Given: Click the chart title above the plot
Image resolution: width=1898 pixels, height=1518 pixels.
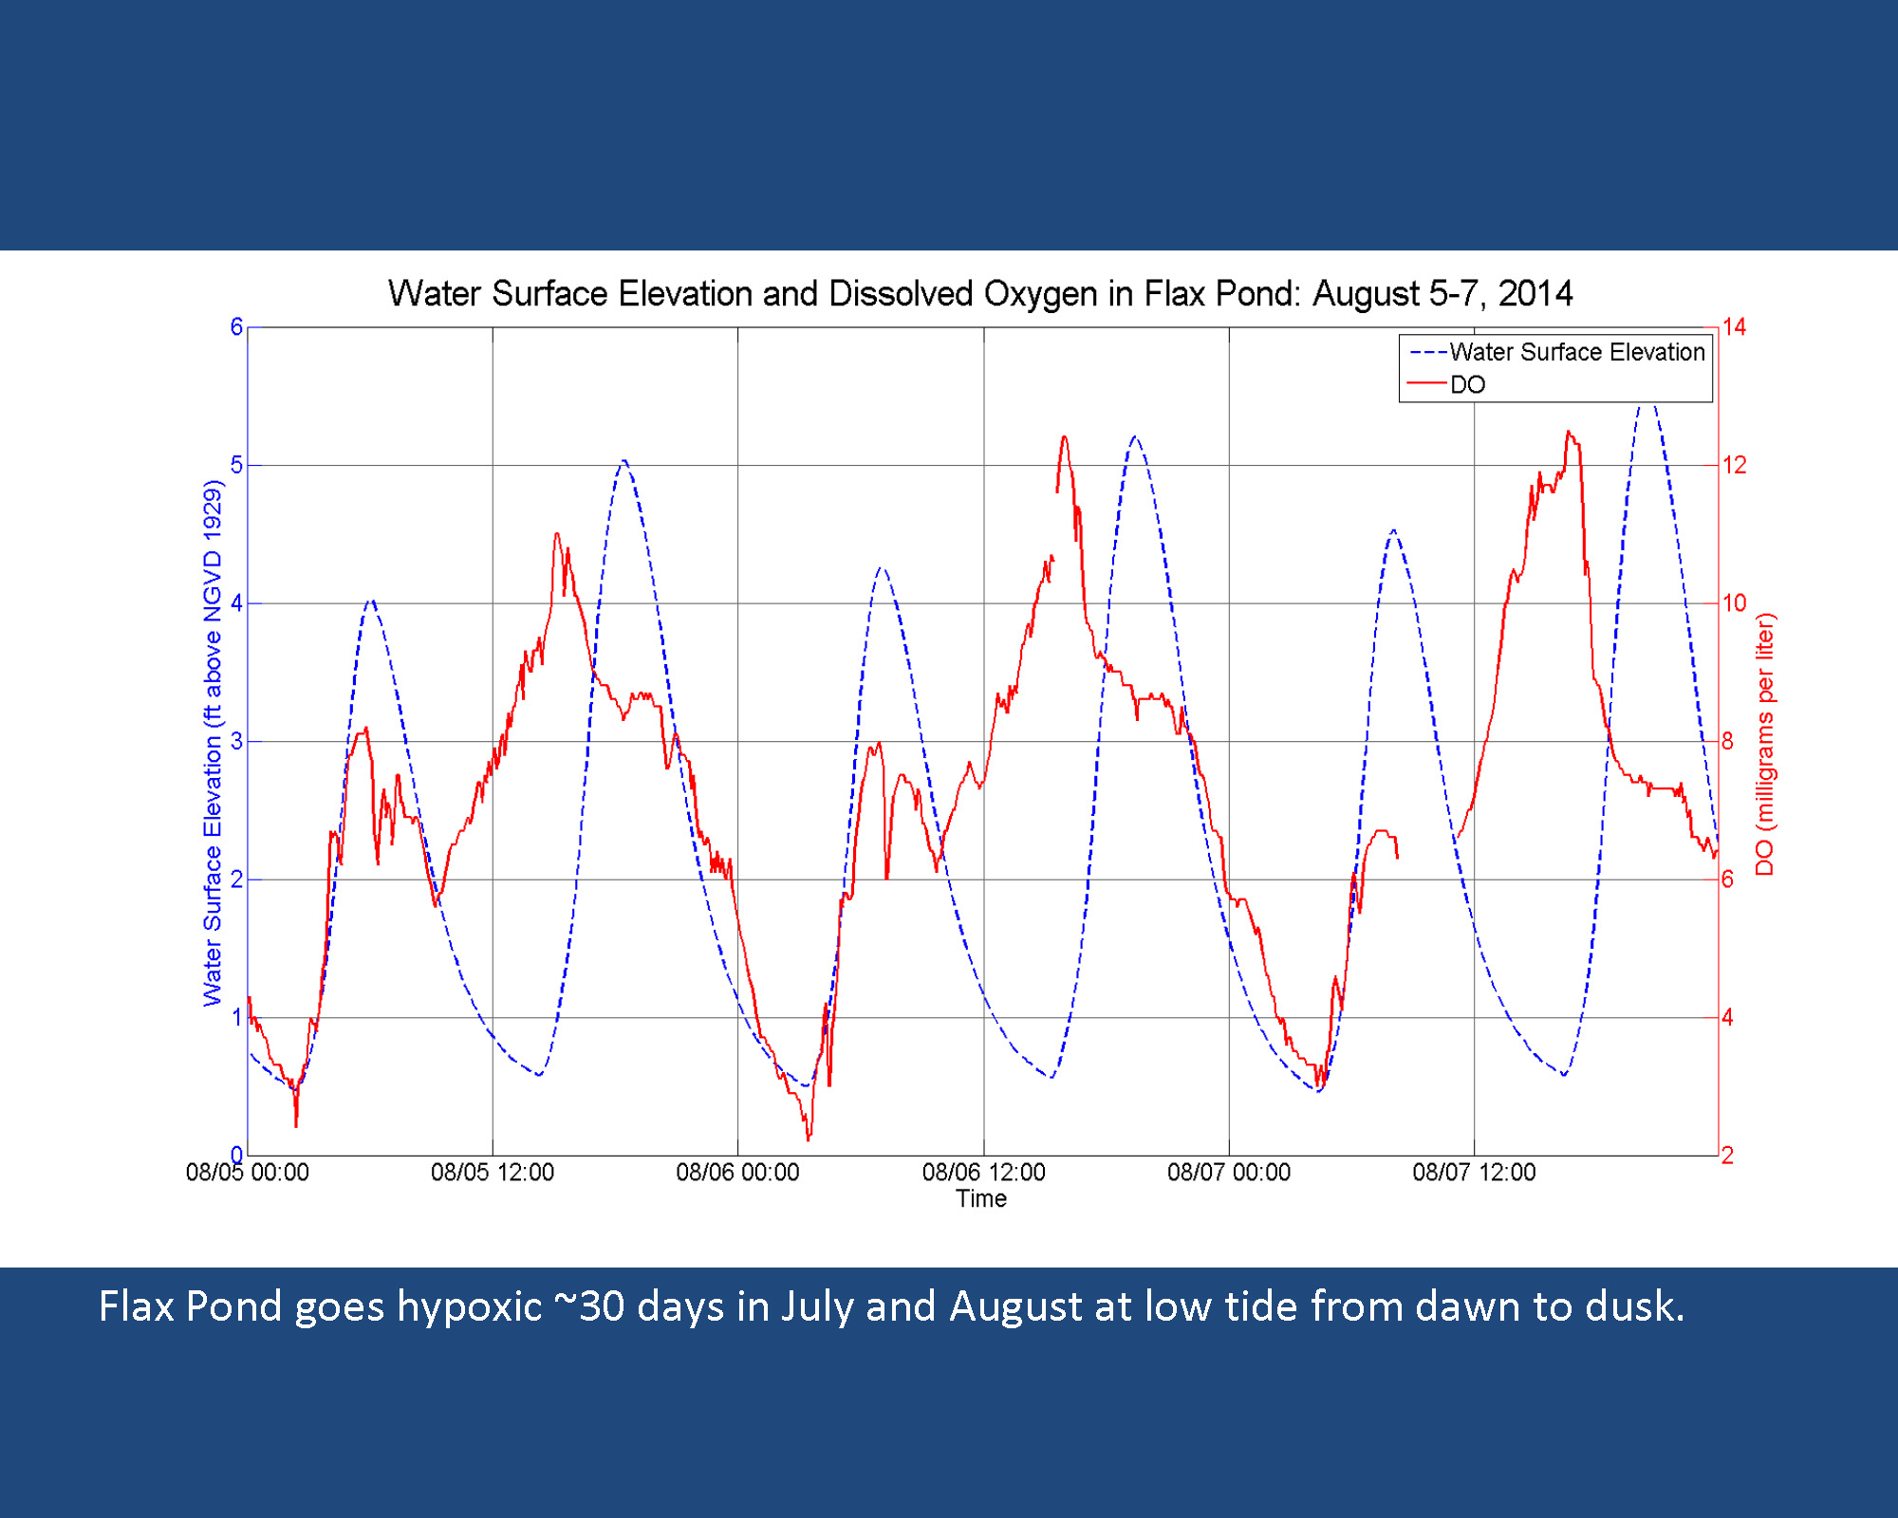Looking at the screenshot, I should [x=979, y=294].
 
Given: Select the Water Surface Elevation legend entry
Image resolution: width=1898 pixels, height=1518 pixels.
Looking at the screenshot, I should [x=1576, y=352].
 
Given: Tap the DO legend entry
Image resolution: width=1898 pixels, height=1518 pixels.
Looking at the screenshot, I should [x=1467, y=384].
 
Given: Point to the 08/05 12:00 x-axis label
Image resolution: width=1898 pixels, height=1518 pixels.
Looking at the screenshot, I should [x=493, y=1173].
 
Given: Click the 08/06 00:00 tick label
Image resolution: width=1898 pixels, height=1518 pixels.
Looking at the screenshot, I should [x=737, y=1173].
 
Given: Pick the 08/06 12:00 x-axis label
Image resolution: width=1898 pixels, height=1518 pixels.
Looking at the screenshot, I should [x=983, y=1173].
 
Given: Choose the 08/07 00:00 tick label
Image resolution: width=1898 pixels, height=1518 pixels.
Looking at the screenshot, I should [x=1229, y=1173].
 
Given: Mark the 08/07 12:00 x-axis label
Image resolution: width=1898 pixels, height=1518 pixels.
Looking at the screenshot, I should [x=1474, y=1173].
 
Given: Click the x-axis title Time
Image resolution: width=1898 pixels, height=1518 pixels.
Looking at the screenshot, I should [x=981, y=1199].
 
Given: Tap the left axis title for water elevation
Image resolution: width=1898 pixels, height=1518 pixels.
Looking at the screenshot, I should [x=212, y=743].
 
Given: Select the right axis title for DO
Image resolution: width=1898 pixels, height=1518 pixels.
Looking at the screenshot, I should [x=1764, y=745].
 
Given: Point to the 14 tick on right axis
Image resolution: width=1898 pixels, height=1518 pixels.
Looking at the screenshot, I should [x=1734, y=327].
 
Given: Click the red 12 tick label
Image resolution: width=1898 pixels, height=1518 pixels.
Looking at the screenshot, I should [x=1734, y=465].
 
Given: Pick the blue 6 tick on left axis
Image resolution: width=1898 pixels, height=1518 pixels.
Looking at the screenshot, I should [x=236, y=327].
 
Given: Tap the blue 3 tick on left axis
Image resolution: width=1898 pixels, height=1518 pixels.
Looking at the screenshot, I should [x=236, y=741].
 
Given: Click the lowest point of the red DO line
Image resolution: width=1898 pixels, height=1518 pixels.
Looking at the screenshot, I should [x=809, y=1138].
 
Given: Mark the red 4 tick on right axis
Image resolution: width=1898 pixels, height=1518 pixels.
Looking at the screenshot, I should [x=1728, y=1018].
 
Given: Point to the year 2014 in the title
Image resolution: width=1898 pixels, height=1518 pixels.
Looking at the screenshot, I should [x=1535, y=294].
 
